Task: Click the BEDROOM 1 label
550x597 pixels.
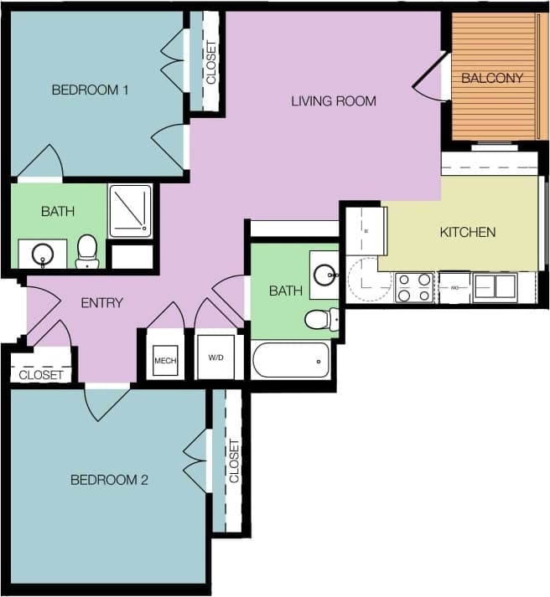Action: tap(90, 90)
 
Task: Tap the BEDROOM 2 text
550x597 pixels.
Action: tap(109, 480)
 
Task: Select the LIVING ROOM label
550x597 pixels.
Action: tap(334, 101)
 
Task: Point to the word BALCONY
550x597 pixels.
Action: tap(492, 79)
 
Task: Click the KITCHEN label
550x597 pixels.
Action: tap(468, 232)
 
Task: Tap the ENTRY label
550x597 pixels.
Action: tap(101, 303)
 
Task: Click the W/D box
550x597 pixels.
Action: tap(216, 358)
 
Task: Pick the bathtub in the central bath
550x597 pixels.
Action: tap(290, 361)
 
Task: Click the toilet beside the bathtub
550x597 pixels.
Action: tap(320, 318)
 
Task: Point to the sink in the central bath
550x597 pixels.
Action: tap(324, 273)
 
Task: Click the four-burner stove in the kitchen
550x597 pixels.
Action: tap(413, 287)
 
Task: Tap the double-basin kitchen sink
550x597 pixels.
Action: tap(495, 286)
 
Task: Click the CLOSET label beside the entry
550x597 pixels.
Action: tap(41, 375)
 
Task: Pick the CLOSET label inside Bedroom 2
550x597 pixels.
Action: tap(234, 461)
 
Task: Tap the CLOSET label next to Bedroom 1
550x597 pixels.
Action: tap(210, 63)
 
